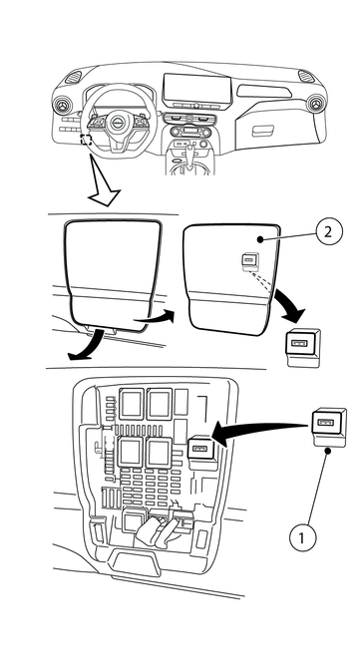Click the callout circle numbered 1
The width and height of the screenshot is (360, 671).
pos(302,536)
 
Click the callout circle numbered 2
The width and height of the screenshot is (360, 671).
pos(329,231)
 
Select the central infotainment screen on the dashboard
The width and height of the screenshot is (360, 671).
pos(197,90)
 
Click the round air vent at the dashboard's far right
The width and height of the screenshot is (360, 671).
pos(315,103)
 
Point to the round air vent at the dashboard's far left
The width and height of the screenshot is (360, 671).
pos(62,105)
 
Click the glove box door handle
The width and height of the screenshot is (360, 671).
pos(263,131)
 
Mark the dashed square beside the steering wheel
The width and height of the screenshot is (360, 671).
pos(86,140)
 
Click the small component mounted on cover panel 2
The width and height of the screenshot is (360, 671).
pos(249,262)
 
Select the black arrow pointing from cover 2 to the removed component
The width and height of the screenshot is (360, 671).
pos(290,306)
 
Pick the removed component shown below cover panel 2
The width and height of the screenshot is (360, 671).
pos(303,348)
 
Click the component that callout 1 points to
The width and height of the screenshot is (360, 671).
pos(329,428)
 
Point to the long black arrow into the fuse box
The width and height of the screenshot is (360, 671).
pos(260,433)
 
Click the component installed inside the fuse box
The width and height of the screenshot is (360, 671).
pos(200,448)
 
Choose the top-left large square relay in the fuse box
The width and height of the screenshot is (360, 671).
pos(133,404)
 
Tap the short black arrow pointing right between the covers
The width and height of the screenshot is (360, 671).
pos(155,317)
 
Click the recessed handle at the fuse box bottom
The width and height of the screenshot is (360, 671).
pos(134,561)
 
